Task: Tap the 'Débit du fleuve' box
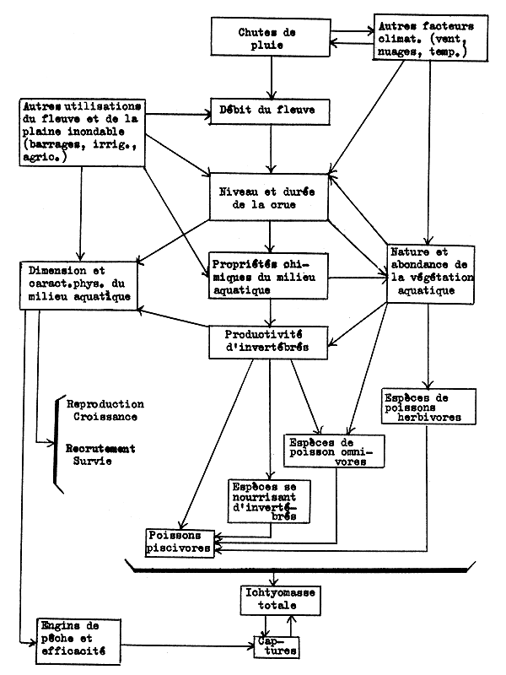pos(270,111)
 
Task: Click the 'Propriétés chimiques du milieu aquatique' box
pos(269,274)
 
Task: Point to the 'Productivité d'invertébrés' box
pos(269,339)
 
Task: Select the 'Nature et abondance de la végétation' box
pos(430,272)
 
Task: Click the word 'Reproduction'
pos(105,404)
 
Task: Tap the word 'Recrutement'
pos(102,448)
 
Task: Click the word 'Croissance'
pos(105,417)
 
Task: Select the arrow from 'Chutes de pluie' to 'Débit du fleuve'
pos(270,82)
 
